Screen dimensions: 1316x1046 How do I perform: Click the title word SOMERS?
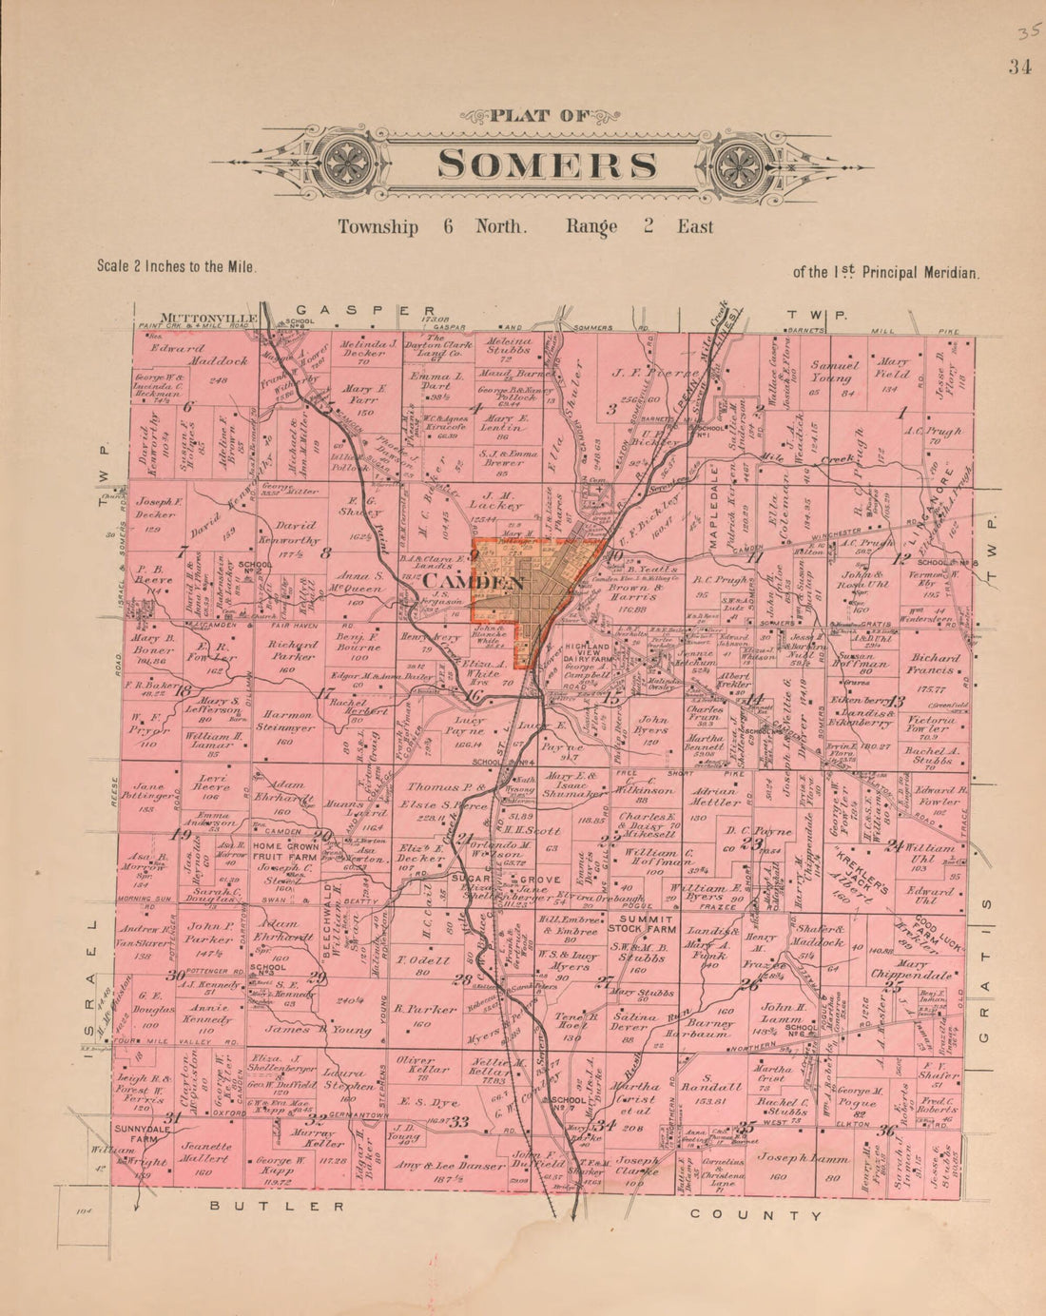pos(547,164)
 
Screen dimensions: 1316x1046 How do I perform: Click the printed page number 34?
pos(1020,66)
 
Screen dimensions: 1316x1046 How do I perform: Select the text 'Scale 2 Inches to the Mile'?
pos(177,267)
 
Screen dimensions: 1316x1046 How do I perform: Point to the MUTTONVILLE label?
pos(196,318)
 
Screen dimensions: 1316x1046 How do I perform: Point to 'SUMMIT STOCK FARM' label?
pos(646,926)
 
